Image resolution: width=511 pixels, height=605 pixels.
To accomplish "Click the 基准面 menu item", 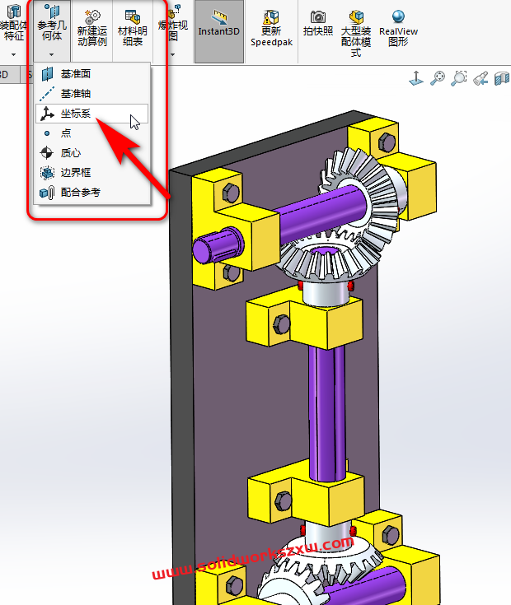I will [x=75, y=74].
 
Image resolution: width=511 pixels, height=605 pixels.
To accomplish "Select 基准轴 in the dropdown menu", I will [x=75, y=94].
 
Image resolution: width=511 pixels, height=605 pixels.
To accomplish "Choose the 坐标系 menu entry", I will [x=75, y=114].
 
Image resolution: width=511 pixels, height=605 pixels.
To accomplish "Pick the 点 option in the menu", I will [x=66, y=133].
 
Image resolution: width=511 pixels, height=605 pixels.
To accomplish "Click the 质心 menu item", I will [x=71, y=153].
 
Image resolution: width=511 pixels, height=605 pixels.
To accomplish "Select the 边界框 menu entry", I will [x=75, y=173].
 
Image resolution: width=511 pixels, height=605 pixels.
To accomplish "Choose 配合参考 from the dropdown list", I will [x=80, y=193].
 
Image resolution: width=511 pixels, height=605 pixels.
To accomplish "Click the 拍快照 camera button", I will [x=317, y=24].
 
